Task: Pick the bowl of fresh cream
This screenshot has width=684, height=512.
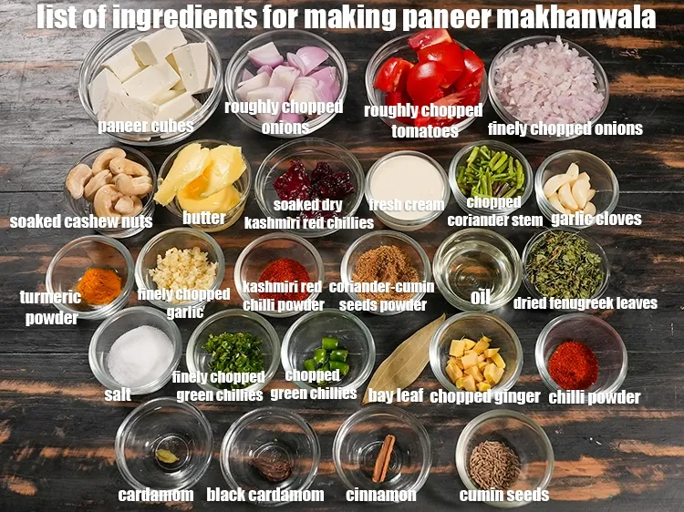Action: [x=407, y=187]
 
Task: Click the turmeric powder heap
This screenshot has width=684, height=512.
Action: [x=99, y=285]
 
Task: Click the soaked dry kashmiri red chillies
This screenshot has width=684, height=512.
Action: [x=307, y=181]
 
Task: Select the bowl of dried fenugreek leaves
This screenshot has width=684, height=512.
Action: [x=565, y=265]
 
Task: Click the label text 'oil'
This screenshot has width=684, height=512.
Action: [x=480, y=298]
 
